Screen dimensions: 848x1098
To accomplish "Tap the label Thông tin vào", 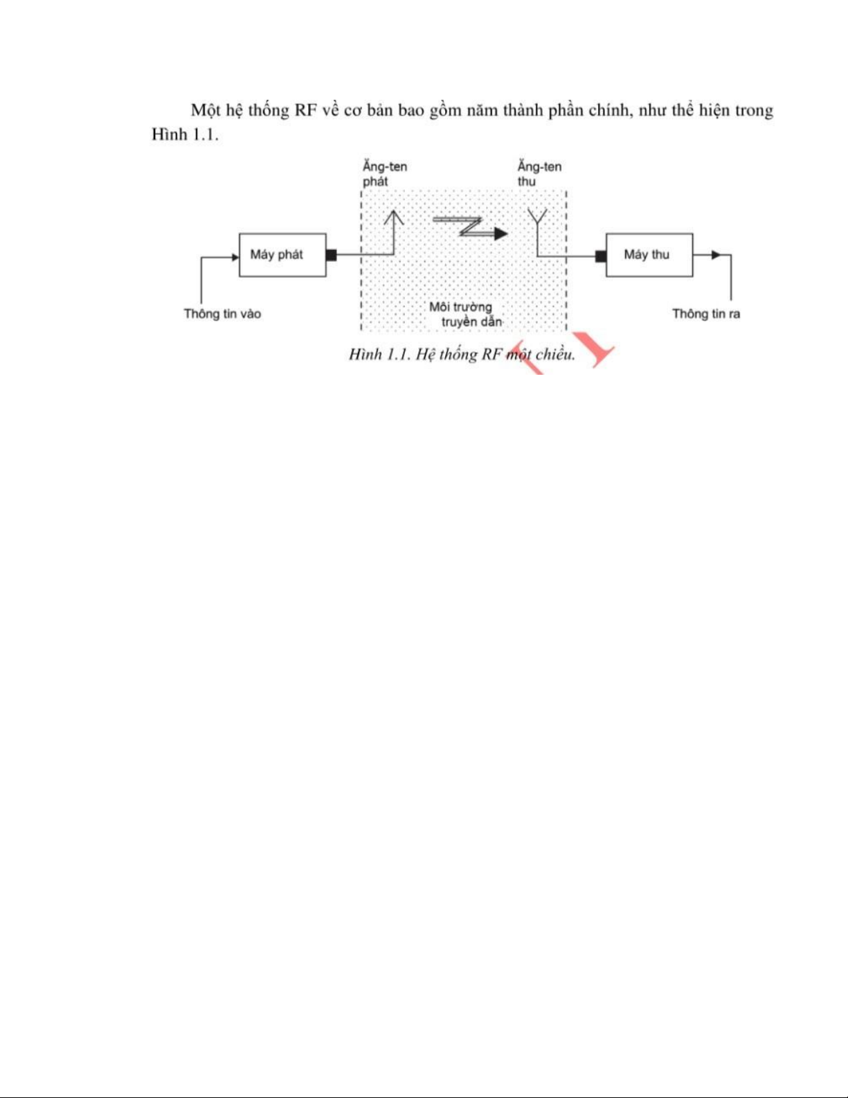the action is pyautogui.click(x=222, y=314).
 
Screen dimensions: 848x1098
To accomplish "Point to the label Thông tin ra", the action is pyautogui.click(x=706, y=314).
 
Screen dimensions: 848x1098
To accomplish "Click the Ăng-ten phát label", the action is pyautogui.click(x=385, y=174).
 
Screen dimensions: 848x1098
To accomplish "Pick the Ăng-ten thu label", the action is pyautogui.click(x=539, y=174).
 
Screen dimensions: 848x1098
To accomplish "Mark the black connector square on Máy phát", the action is pyautogui.click(x=331, y=255).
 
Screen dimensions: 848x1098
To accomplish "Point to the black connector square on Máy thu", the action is pyautogui.click(x=601, y=256).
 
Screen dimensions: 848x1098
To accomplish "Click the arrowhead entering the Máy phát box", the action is pyautogui.click(x=235, y=257).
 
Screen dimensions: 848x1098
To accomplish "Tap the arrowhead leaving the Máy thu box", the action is pyautogui.click(x=716, y=255).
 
